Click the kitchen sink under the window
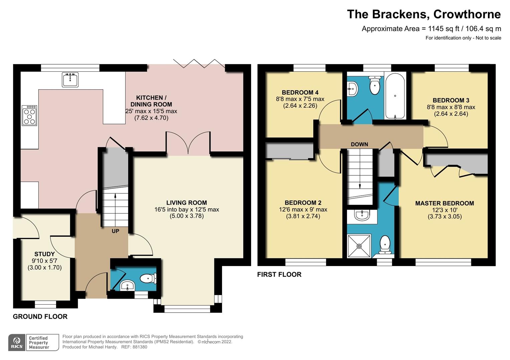coord(70,79)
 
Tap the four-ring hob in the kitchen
coord(29,115)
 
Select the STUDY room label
coord(44,254)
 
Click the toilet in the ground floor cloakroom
coord(148,278)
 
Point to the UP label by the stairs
coord(115,231)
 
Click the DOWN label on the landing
coord(359,144)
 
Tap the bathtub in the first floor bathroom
coord(395,96)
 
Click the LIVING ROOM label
coord(186,203)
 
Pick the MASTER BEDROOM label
coord(444,203)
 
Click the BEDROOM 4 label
coord(300,92)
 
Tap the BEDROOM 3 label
coord(451,100)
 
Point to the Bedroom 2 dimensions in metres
coord(303,216)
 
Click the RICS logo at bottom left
coord(17,342)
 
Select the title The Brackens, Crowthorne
coord(423,14)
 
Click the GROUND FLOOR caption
coord(40,317)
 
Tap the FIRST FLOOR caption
coord(279,275)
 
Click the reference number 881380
coord(139,347)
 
